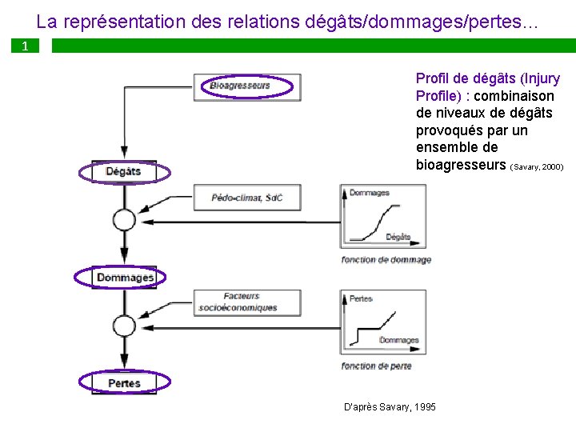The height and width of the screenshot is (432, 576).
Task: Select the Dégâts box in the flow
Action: (x=124, y=171)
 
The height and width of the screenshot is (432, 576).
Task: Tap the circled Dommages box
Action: (x=125, y=278)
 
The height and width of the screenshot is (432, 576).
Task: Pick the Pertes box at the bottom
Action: (x=125, y=383)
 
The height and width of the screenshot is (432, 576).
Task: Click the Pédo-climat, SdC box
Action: (x=247, y=197)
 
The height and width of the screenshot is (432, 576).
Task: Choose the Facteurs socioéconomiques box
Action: (x=239, y=302)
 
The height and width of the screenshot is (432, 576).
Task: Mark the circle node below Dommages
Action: (x=124, y=325)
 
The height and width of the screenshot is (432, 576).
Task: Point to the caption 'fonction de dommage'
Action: (x=386, y=260)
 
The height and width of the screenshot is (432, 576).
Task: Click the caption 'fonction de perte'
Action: (x=376, y=366)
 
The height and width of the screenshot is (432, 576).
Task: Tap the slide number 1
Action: (x=25, y=46)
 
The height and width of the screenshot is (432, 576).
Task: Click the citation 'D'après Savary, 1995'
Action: (x=390, y=407)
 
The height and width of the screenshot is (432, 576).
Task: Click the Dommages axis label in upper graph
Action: (x=369, y=193)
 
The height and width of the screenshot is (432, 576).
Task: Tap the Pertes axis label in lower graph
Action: (x=362, y=298)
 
